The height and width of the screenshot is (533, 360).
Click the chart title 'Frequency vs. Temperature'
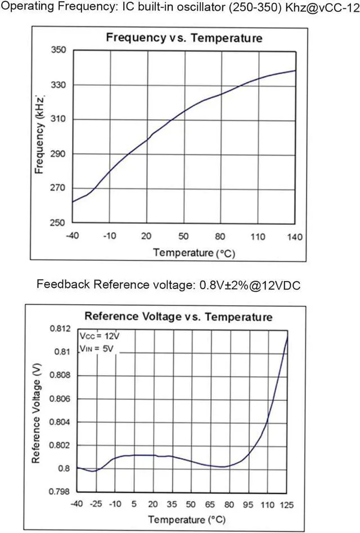[x=184, y=38]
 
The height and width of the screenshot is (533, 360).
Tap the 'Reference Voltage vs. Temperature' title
[x=178, y=317]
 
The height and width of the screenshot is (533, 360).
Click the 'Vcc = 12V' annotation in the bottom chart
[x=100, y=336]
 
